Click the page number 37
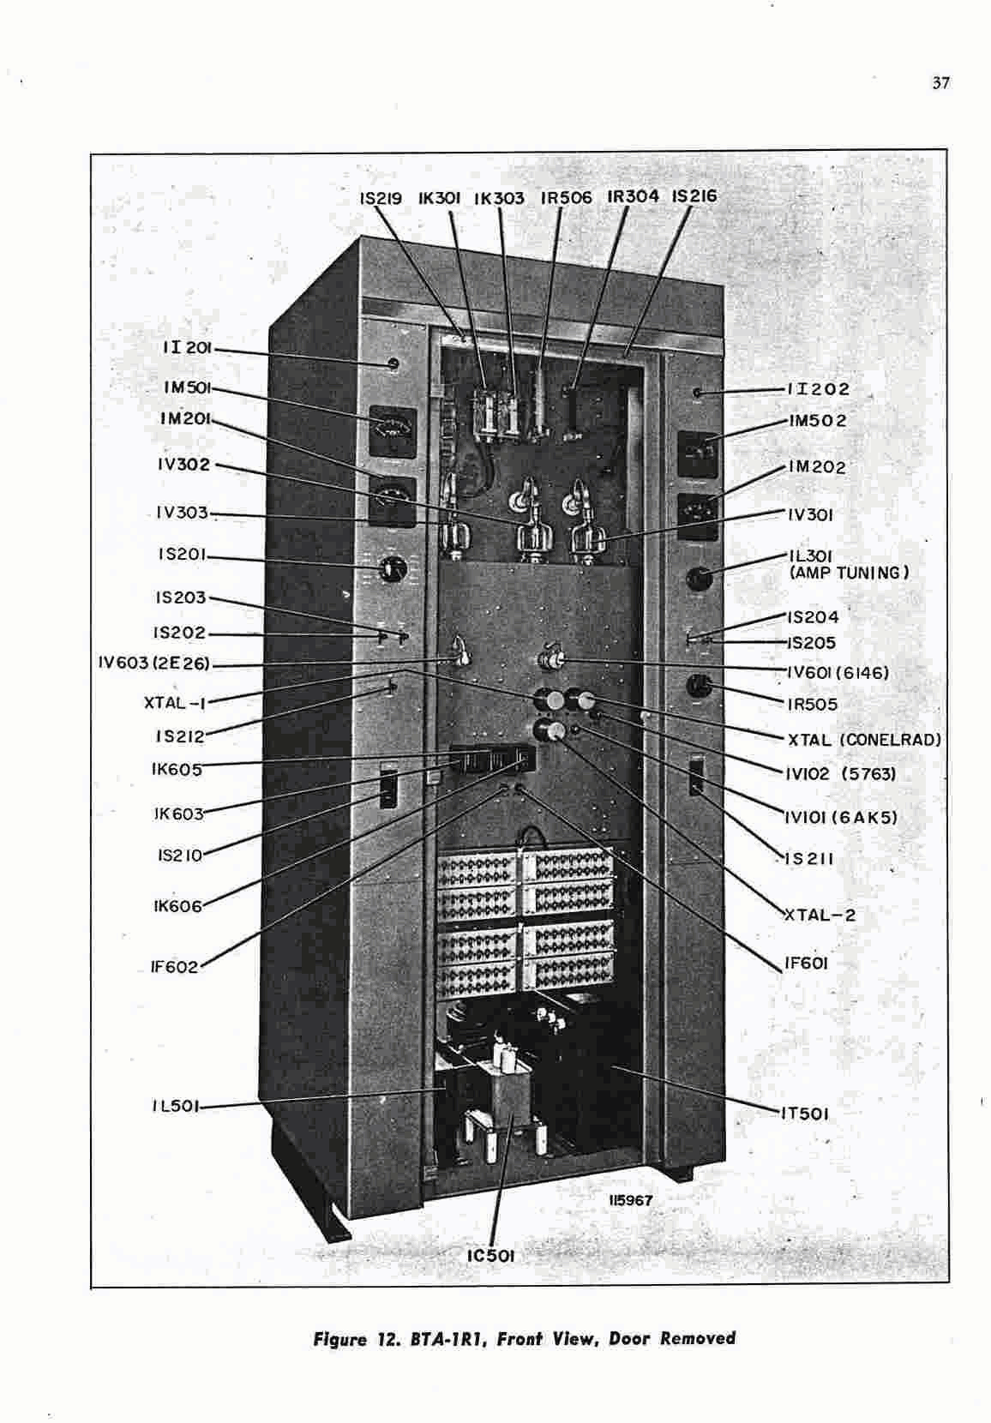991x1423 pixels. (940, 84)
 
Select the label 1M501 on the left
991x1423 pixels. (187, 387)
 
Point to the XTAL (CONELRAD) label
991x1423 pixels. (863, 739)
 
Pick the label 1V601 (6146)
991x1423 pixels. (838, 673)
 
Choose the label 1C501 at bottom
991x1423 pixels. (490, 1256)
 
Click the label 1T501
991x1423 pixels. (804, 1114)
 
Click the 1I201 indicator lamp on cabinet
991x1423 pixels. (393, 364)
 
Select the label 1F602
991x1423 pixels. (174, 967)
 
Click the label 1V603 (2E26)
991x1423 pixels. (154, 663)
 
